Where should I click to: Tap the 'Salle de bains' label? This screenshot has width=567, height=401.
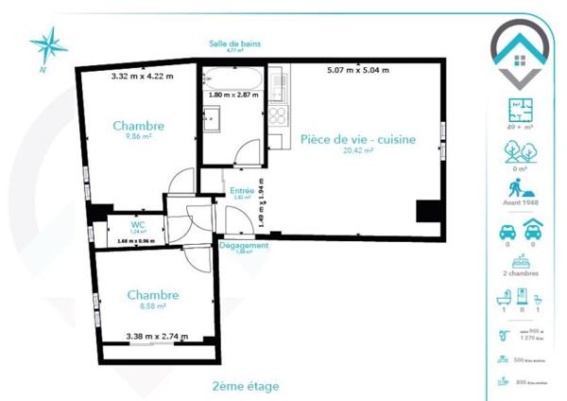pyautogui.click(x=235, y=44)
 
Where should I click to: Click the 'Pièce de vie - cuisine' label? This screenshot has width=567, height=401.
pyautogui.click(x=358, y=138)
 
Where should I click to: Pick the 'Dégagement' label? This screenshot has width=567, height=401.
pyautogui.click(x=244, y=245)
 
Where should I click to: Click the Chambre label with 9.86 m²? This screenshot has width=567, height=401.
pyautogui.click(x=139, y=126)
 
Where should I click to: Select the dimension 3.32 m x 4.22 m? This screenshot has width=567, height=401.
pyautogui.click(x=143, y=76)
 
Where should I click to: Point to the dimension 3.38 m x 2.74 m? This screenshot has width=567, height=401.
pyautogui.click(x=157, y=336)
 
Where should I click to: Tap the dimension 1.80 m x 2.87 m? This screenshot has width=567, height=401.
pyautogui.click(x=234, y=95)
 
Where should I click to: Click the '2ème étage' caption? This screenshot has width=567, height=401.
pyautogui.click(x=246, y=386)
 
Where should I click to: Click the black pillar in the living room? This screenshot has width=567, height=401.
pyautogui.click(x=428, y=212)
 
